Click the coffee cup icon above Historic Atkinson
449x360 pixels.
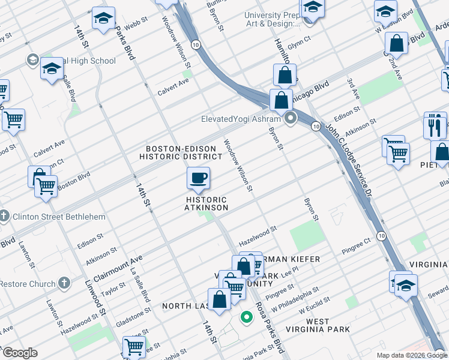[198, 178]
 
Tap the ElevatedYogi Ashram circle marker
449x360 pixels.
[292, 118]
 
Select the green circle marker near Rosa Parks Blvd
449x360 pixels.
[246, 317]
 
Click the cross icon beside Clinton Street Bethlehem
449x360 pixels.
[4, 217]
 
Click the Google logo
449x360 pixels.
[20, 353]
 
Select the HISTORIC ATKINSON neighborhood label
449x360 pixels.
[207, 203]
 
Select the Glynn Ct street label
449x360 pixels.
[298, 38]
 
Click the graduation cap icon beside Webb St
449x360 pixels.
[103, 19]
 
